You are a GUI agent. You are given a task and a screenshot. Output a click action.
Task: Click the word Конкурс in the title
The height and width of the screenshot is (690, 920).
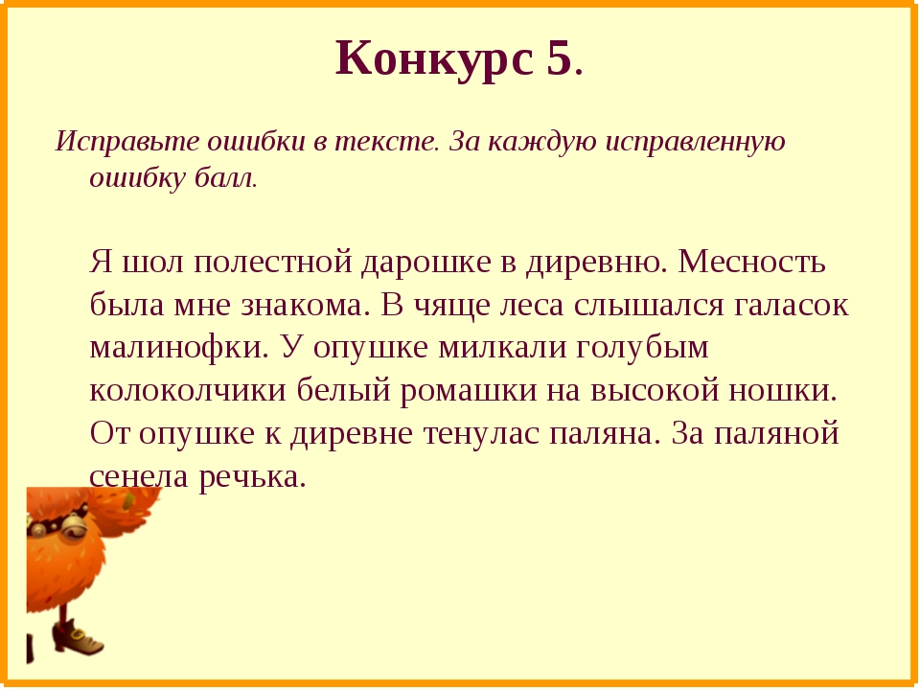(435, 59)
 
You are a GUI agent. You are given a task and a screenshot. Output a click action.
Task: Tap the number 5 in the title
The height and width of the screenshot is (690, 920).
(559, 57)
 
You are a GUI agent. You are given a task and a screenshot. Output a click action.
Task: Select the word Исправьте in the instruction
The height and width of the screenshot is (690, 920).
(127, 143)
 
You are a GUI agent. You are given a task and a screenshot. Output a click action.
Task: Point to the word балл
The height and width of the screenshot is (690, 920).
(226, 178)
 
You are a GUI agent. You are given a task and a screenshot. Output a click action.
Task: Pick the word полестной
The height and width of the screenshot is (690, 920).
(273, 263)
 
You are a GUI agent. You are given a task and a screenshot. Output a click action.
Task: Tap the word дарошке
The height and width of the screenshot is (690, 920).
(425, 264)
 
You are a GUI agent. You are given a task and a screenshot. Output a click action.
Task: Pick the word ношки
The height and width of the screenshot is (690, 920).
(783, 391)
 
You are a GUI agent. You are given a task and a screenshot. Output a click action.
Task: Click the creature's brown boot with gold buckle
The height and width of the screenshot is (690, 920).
(78, 638)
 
